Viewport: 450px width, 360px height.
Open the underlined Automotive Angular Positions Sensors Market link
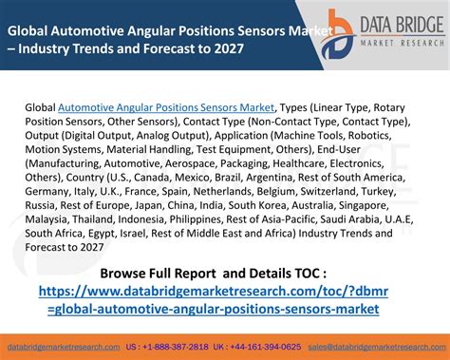pyautogui.click(x=166, y=107)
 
